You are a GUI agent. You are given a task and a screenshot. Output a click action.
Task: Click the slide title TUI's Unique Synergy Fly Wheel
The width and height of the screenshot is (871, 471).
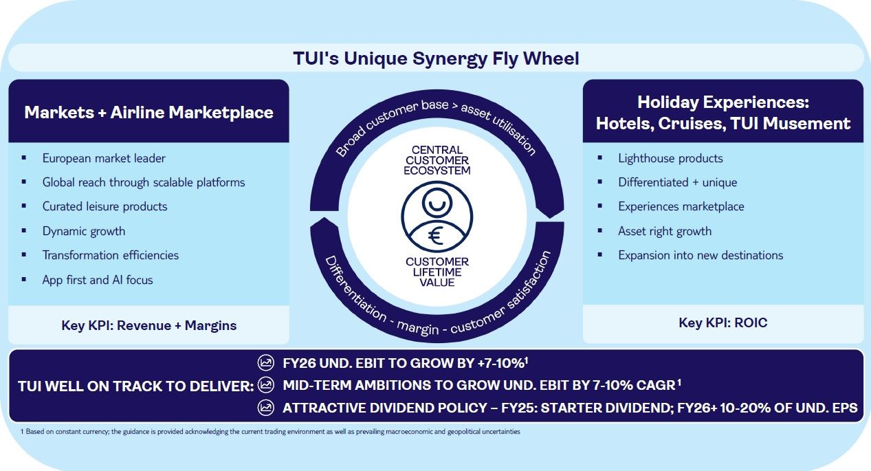pos(436,58)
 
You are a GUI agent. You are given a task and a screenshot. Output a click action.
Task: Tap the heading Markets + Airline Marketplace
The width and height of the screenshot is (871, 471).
pos(148,112)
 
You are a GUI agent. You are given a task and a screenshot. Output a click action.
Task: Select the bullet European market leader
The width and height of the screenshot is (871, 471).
pos(104,158)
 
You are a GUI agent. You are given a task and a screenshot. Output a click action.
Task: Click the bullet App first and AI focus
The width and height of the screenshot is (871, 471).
pos(98,280)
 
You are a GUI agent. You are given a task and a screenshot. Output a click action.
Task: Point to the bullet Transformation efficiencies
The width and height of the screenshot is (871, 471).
pos(111,255)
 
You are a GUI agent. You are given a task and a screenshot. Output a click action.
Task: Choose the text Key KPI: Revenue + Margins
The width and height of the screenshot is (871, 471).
pos(148,325)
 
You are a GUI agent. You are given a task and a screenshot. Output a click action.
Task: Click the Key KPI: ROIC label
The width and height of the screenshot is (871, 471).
pos(723,323)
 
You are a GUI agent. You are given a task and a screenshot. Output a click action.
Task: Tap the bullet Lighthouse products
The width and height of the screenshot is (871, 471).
pos(670,158)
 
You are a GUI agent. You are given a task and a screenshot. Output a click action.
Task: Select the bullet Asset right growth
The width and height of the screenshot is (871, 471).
pos(665,231)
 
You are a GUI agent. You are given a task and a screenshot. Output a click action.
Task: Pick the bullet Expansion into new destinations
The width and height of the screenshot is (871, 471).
pos(701,255)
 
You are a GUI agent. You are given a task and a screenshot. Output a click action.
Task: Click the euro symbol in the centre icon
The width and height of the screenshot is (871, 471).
pos(436,235)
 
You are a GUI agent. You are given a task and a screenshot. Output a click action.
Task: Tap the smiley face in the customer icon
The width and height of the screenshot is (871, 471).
pos(436,202)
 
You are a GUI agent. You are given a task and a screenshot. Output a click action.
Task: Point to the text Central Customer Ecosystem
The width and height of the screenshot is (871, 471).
pos(437,160)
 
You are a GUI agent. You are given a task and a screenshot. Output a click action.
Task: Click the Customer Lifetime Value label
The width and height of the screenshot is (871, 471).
pos(437,272)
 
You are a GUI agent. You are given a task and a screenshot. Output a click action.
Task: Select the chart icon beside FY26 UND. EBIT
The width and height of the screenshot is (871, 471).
pos(265,362)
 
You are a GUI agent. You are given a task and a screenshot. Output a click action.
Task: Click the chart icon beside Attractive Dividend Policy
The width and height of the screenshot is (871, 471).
pos(265,408)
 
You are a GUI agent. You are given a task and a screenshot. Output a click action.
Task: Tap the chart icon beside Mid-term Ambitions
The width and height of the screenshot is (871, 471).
pos(265,385)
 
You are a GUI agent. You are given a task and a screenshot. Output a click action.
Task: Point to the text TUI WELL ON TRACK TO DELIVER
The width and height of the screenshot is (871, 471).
pos(135,386)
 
